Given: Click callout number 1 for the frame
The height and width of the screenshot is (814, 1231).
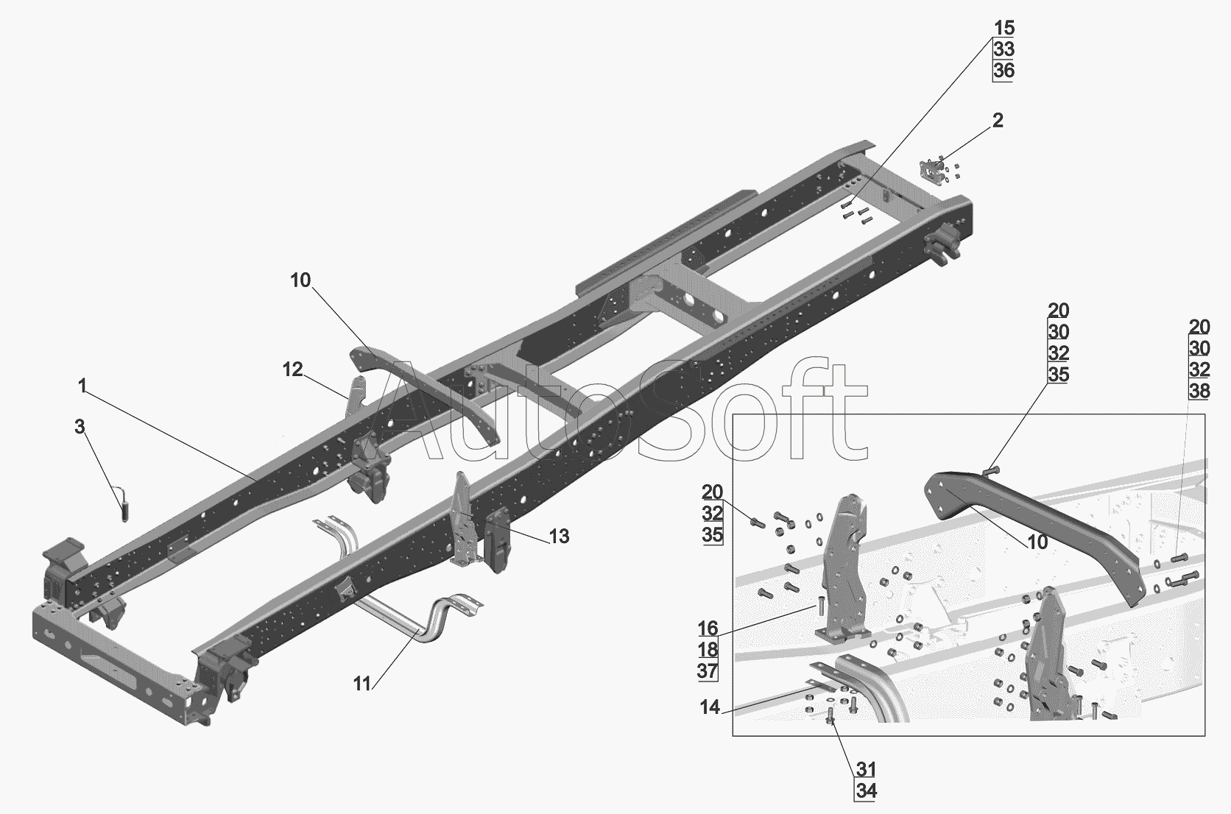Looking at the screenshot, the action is click(x=82, y=386).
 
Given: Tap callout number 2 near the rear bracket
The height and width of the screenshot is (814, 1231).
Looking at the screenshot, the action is click(x=998, y=120).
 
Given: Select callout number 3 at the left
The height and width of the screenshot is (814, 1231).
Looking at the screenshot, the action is click(x=80, y=426).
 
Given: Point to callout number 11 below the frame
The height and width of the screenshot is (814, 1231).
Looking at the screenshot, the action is click(x=362, y=684).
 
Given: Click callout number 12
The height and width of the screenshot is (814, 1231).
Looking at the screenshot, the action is click(x=292, y=369).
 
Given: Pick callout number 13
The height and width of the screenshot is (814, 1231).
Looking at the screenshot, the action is click(x=559, y=536).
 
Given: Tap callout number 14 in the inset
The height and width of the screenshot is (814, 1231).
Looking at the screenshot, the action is click(x=710, y=707).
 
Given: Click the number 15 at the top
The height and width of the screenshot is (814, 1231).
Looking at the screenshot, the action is click(x=1004, y=27).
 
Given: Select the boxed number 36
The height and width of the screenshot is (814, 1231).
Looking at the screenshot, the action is click(x=1004, y=71).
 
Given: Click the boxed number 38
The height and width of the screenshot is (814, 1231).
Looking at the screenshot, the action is click(x=1199, y=391).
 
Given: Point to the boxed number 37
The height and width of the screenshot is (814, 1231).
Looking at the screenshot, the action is click(x=708, y=670).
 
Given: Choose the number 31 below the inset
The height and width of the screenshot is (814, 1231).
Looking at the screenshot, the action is click(x=866, y=769).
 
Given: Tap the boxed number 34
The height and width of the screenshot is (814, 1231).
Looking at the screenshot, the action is click(x=866, y=791).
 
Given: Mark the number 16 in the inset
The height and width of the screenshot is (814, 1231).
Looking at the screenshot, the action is click(x=708, y=628).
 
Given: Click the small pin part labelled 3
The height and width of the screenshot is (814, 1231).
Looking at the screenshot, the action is click(x=124, y=506).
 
